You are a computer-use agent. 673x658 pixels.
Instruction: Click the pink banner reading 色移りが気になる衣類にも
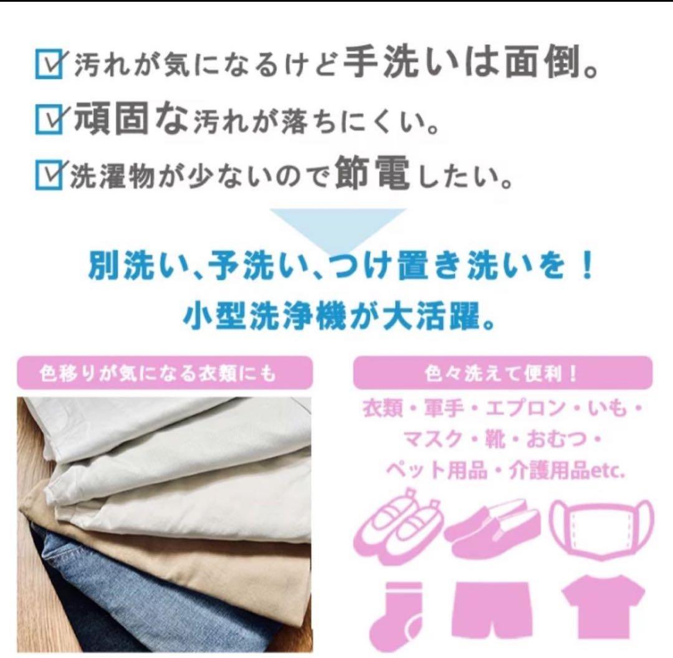[x=165, y=374]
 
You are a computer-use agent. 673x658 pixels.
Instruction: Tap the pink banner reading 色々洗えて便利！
[x=502, y=374]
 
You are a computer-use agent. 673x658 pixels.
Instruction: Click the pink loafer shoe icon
[x=494, y=527]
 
